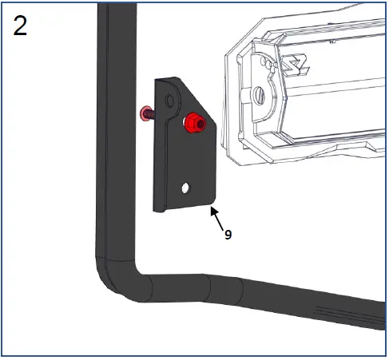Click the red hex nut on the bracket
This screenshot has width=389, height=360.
[192, 124]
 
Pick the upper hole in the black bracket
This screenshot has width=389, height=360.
[169, 100]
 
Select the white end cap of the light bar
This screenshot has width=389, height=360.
[256, 96]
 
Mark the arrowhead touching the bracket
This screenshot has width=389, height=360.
[212, 210]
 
